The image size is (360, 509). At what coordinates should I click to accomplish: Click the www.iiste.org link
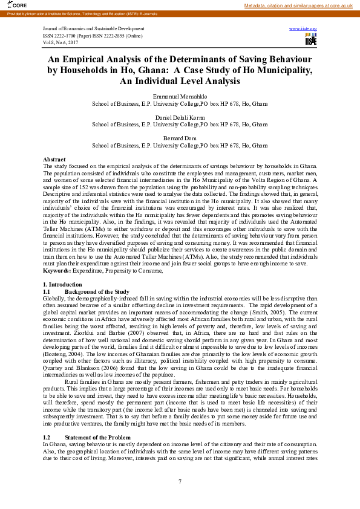coord(303,29)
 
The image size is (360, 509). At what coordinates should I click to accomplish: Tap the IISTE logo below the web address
coord(310,40)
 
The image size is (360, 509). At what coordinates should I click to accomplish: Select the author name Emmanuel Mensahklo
coord(180,97)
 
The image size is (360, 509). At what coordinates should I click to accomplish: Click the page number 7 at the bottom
coord(180,481)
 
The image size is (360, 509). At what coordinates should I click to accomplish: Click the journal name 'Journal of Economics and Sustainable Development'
coord(94,29)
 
